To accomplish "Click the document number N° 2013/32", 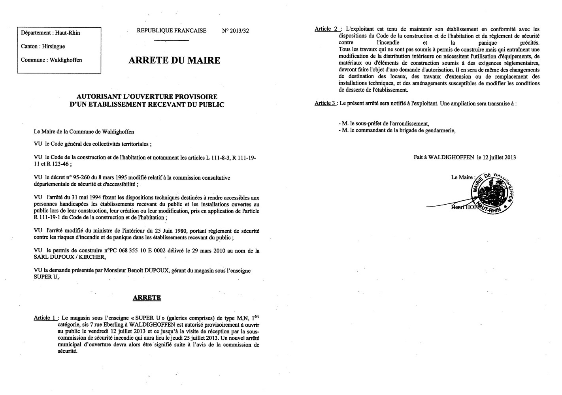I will [236, 31].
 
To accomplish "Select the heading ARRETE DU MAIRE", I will [174, 60].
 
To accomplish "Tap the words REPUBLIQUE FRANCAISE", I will [172, 31].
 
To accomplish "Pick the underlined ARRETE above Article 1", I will [147, 297].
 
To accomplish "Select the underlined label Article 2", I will [327, 29].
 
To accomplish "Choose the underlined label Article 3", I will [325, 103].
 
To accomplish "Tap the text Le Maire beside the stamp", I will [462, 177].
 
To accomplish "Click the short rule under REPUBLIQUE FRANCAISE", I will [171, 40].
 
